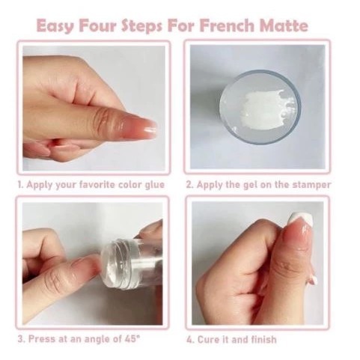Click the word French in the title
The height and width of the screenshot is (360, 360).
pos(227,25)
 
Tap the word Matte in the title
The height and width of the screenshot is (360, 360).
pos(284,25)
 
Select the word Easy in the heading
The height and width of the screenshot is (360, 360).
pos(55,26)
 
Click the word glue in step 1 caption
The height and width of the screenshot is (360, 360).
pos(155,186)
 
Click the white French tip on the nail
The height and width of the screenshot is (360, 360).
pos(300,219)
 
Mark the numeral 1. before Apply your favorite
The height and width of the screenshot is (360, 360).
pos(21,185)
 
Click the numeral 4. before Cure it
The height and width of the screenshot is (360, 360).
pos(191,340)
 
